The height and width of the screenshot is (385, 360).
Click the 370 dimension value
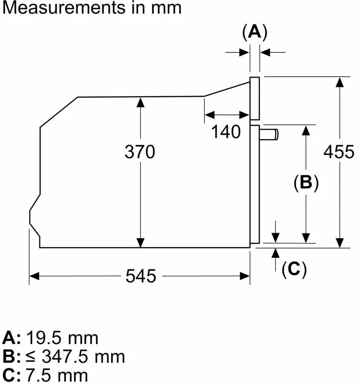coord(140,152)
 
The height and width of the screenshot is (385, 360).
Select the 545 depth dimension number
coord(141,276)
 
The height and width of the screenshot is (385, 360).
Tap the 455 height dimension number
coord(339,152)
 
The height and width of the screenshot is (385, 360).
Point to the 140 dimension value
coord(226,132)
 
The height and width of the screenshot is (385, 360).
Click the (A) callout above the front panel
coord(254,32)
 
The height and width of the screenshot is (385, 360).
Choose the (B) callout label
coord(306,183)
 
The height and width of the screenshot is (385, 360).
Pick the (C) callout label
coord(294,269)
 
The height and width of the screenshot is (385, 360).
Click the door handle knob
coord(269,134)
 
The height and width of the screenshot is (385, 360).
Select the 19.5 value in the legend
coord(43,338)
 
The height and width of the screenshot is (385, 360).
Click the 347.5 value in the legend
coord(65,356)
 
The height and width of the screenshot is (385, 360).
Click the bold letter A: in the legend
coord(12,338)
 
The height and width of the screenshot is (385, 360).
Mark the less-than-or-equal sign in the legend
coord(31,357)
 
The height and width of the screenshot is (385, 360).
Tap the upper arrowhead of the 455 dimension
coord(340,82)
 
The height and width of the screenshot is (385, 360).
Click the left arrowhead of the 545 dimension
coord(34,276)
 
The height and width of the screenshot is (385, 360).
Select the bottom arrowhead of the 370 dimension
coord(141,243)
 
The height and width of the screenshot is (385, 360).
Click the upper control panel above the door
coord(255,99)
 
